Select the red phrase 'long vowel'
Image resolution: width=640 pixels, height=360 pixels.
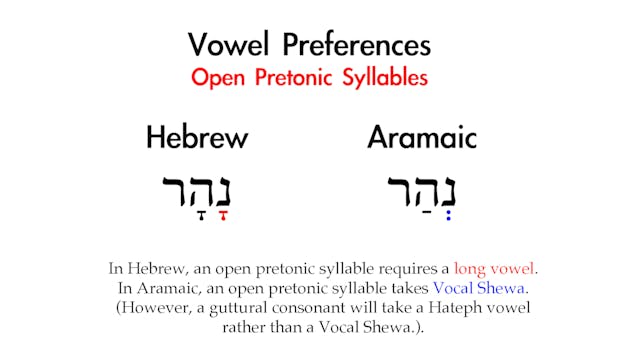(x=495, y=268)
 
